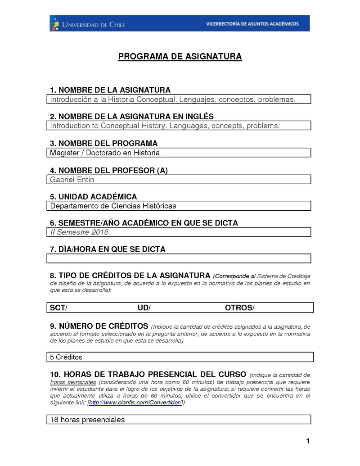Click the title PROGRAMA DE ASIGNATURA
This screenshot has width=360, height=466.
point(180,57)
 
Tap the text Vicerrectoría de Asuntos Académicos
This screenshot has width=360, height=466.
point(252,24)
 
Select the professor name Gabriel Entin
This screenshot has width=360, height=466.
point(72,180)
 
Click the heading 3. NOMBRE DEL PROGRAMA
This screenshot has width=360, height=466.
point(103,144)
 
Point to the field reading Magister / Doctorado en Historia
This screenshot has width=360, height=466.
point(105,153)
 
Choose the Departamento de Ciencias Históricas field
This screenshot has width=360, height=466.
point(113,206)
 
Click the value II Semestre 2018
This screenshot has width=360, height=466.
point(79,232)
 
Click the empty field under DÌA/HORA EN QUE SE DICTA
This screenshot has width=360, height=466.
point(179,258)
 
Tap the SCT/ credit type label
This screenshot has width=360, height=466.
point(58,308)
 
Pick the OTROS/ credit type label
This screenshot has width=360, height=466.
point(239,308)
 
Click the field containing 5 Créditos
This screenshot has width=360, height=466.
point(66,357)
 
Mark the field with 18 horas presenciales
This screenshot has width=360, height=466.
point(87,420)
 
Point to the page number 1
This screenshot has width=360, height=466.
point(308,441)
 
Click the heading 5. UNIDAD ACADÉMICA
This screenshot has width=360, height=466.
point(93,197)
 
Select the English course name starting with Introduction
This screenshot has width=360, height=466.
point(165,126)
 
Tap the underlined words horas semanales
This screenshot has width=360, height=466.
point(72,382)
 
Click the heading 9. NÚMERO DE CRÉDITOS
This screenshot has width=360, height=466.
point(99,326)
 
